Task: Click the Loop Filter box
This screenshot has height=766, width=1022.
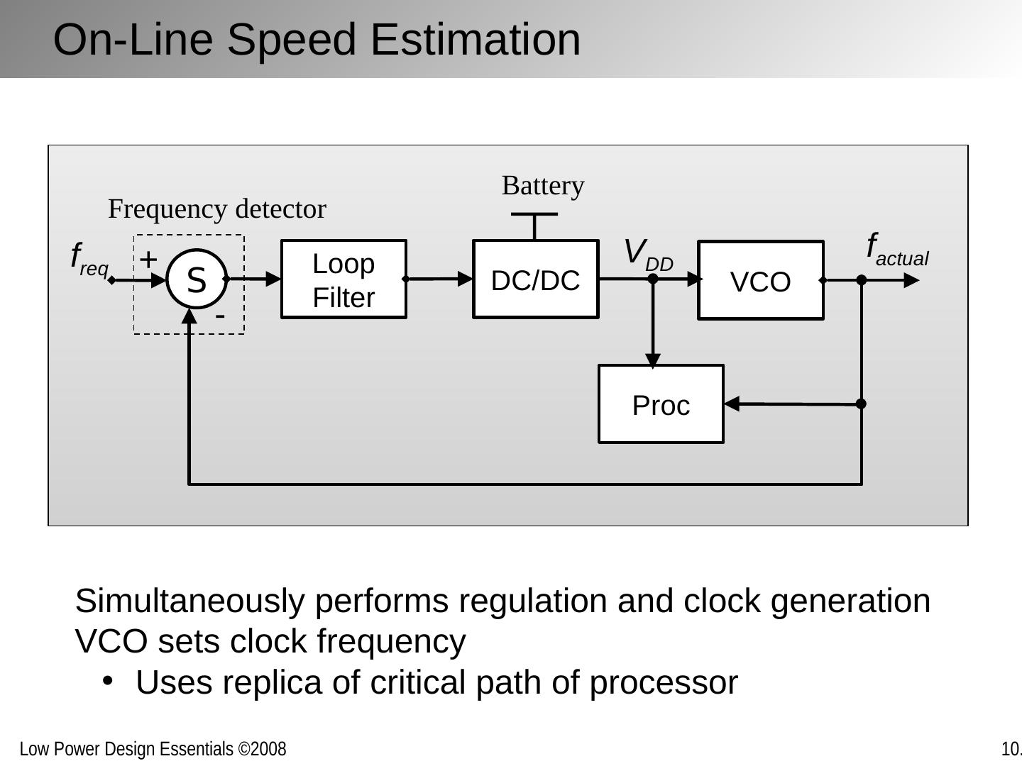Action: (x=344, y=279)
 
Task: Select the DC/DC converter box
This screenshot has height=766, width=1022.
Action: (x=535, y=279)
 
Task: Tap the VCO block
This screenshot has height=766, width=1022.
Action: (x=760, y=281)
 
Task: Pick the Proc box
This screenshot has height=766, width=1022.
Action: (x=661, y=404)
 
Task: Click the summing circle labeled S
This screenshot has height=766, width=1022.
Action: (x=197, y=279)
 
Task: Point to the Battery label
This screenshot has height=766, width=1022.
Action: (x=543, y=186)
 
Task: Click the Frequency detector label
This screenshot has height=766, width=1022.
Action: (x=216, y=209)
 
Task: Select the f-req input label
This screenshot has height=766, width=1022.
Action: (x=89, y=259)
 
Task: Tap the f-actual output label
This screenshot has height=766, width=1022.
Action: (x=896, y=250)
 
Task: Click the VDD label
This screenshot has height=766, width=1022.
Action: (x=647, y=254)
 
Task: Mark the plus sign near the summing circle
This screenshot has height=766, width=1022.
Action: (x=148, y=260)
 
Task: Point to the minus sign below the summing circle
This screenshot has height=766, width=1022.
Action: (x=220, y=314)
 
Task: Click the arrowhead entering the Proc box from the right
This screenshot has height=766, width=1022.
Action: (x=732, y=404)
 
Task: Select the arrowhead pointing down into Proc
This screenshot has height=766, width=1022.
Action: (x=653, y=360)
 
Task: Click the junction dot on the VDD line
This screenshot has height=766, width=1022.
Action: (x=653, y=279)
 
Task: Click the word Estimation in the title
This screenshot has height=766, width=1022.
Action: (x=476, y=40)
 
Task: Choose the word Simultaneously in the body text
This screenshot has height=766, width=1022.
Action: (x=190, y=601)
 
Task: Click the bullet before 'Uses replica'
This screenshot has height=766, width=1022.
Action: (x=108, y=681)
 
